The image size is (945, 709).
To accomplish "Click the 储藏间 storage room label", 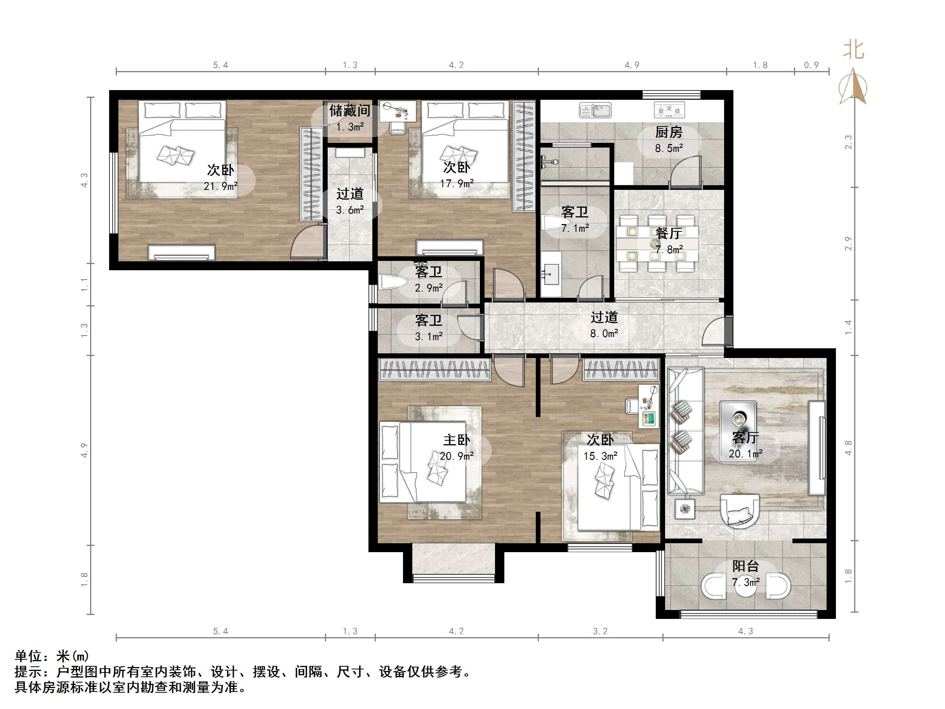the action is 349,111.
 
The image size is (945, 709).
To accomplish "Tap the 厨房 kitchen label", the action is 669,132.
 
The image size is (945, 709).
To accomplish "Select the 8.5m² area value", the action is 669,148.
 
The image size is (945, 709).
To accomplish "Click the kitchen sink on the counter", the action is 595,110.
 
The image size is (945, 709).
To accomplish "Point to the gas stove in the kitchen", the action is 669,110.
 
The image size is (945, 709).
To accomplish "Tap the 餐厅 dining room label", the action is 669,233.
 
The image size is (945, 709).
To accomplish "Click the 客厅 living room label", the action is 745,437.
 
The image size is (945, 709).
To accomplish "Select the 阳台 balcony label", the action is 745,566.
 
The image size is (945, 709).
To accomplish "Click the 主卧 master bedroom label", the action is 456,440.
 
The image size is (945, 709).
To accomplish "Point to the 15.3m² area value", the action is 600,456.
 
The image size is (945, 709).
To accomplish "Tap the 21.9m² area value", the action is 221,186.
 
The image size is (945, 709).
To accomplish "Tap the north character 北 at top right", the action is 853,50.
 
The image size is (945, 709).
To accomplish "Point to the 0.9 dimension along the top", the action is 811,65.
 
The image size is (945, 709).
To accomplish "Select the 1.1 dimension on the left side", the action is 85,285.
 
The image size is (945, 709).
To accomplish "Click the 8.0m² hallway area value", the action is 604,334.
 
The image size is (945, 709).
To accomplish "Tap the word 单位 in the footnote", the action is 28,656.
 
